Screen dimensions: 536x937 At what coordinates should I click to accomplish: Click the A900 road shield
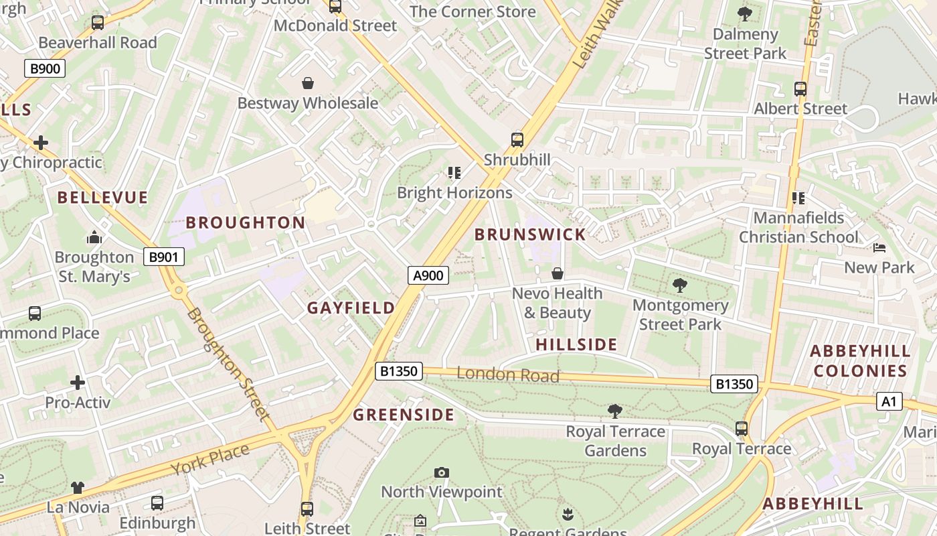428,275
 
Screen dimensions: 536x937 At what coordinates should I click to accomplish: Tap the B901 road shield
163,257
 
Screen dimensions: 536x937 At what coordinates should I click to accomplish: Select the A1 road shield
889,401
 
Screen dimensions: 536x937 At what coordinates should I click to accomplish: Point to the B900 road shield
45,68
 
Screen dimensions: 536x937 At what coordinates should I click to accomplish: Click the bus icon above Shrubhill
517,139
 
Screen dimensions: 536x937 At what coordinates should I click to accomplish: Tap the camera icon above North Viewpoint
441,472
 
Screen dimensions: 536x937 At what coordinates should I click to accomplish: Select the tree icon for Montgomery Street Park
680,285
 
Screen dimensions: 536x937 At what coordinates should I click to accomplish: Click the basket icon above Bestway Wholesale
308,83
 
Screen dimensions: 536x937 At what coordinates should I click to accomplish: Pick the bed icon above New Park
879,248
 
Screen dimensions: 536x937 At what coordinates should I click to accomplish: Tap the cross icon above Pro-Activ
78,383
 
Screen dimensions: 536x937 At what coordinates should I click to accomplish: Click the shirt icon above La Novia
78,487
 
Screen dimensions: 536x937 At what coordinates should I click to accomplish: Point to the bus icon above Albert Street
800,88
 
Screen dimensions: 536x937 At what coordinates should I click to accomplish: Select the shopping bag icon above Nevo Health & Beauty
557,273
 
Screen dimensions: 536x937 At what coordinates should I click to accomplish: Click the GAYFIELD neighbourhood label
351,308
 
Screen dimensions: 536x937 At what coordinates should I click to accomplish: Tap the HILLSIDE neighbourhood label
576,345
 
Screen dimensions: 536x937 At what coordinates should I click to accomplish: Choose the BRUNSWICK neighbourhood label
530,234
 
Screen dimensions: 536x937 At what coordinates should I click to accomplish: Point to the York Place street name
209,460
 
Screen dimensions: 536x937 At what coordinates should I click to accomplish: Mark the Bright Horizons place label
454,193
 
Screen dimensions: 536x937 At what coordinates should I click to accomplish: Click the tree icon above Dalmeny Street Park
744,14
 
